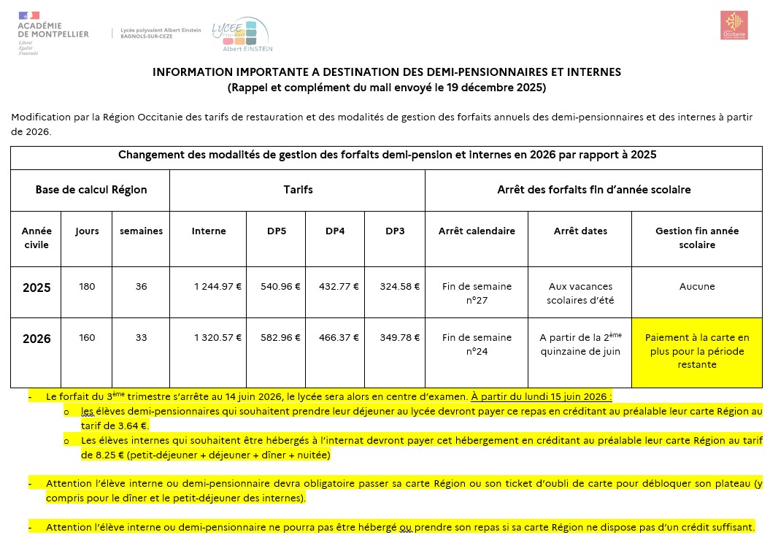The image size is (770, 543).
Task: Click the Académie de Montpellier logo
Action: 51,33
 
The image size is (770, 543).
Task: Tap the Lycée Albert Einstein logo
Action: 241,35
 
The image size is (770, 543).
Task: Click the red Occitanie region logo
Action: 734,26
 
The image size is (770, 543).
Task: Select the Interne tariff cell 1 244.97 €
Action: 216,287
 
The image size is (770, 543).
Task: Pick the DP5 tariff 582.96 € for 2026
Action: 280,338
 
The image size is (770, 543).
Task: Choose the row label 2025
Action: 36,288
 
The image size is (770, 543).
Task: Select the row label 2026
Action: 36,339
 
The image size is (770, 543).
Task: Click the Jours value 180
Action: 87,287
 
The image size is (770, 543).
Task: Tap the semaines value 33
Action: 141,338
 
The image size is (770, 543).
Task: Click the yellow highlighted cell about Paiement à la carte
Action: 696,351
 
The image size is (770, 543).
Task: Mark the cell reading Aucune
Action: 696,287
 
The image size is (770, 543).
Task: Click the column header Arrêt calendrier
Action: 477,231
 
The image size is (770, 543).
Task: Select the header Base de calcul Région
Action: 91,190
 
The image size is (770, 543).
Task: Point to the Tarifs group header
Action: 298,190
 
